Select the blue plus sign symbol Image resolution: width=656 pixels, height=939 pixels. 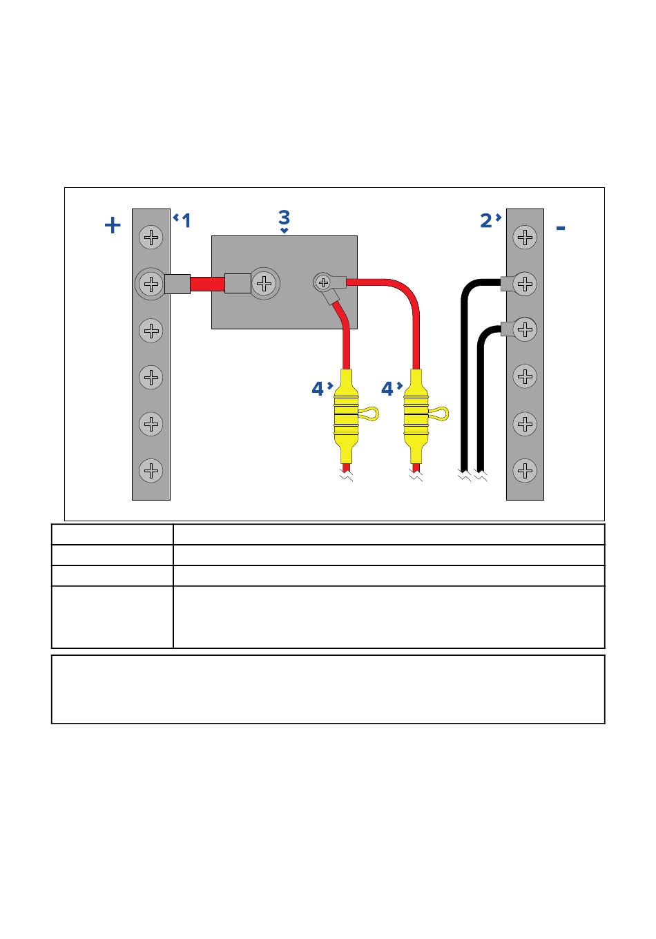point(113,225)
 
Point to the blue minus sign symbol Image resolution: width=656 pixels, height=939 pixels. point(561,228)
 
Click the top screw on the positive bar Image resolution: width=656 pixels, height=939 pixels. point(151,238)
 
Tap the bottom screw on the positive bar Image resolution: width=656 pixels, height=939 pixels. point(151,470)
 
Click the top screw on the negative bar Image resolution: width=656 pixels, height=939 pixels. point(525,238)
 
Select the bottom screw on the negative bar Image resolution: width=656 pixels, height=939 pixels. point(525,470)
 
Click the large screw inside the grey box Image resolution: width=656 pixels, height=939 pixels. point(264,284)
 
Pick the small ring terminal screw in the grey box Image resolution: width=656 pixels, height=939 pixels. point(323,283)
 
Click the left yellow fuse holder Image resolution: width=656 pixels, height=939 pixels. point(346,416)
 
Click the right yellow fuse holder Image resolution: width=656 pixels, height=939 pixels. point(416,416)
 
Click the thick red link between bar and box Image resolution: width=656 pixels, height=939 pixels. point(207,284)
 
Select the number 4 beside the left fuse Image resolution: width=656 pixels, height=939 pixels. point(318,389)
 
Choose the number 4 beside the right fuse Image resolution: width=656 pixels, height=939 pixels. point(387,389)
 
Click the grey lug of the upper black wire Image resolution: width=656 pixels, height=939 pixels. point(508,284)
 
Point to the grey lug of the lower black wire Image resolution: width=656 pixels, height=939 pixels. point(508,329)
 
